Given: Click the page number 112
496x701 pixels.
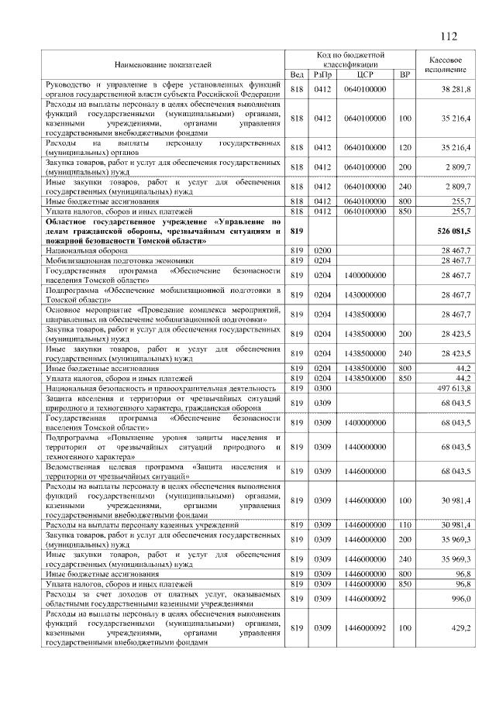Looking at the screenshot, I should pyautogui.click(x=448, y=36).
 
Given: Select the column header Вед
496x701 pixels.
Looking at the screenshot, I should pyautogui.click(x=296, y=74).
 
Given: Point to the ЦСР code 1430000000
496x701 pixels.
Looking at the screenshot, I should pyautogui.click(x=365, y=295).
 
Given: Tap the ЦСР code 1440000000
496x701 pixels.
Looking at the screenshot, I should pyautogui.click(x=365, y=448).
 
